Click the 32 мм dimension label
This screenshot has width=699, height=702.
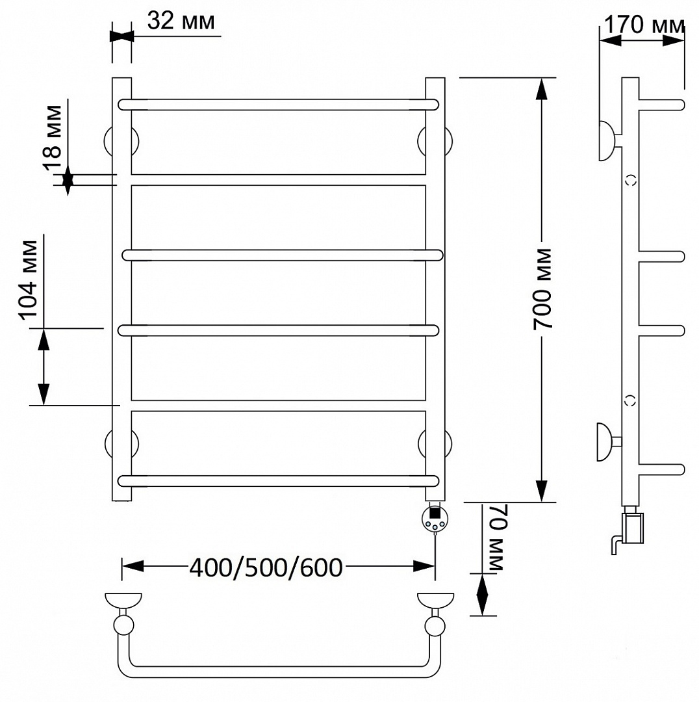pyautogui.click(x=181, y=21)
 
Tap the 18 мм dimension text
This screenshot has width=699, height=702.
pyautogui.click(x=53, y=138)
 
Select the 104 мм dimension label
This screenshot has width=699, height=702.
pyautogui.click(x=29, y=280)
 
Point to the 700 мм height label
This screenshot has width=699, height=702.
pyautogui.click(x=542, y=289)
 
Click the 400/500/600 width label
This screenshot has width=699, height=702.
pyautogui.click(x=266, y=567)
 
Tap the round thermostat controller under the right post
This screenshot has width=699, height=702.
pyautogui.click(x=435, y=519)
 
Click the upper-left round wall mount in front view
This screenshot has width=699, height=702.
pyautogui.click(x=121, y=142)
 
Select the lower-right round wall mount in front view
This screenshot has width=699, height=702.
pyautogui.click(x=435, y=444)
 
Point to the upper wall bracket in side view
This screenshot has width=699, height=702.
pyautogui.click(x=609, y=140)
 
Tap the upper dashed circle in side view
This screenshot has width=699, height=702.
pyautogui.click(x=631, y=181)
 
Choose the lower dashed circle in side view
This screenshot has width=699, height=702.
pyautogui.click(x=630, y=400)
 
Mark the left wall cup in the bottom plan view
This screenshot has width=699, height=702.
pyautogui.click(x=123, y=601)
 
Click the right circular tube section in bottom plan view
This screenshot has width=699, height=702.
pyautogui.click(x=435, y=625)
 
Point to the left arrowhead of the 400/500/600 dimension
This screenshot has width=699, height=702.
pyautogui.click(x=133, y=566)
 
